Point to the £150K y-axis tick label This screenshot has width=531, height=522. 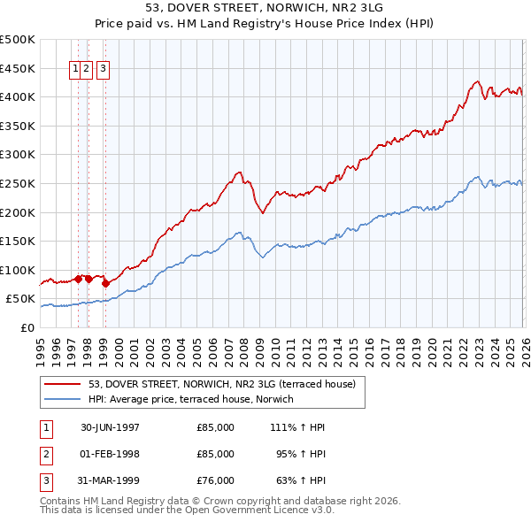click(x=18, y=242)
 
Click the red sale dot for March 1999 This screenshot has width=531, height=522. click(x=105, y=284)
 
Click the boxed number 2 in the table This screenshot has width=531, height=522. click(x=45, y=454)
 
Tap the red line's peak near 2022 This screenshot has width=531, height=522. click(x=476, y=82)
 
